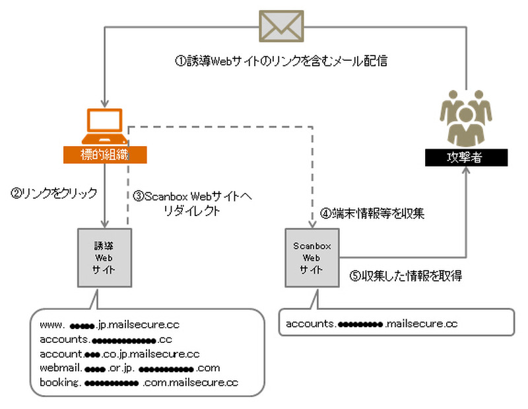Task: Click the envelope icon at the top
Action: (x=280, y=27)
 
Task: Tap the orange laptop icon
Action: (x=104, y=126)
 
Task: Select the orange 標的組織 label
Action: (x=104, y=155)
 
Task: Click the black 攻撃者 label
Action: (x=466, y=158)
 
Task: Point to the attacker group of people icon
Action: (x=466, y=120)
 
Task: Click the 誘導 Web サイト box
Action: (x=104, y=257)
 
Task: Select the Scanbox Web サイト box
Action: (x=311, y=257)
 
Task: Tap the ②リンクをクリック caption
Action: (x=54, y=193)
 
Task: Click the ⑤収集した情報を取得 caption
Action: (x=405, y=276)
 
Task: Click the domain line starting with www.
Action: (x=110, y=325)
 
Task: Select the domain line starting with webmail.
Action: (x=129, y=367)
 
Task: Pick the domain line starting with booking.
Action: (x=139, y=382)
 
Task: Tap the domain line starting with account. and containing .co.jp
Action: (x=119, y=353)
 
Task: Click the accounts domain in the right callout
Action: (x=372, y=324)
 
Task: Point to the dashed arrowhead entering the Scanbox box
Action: (x=311, y=223)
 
